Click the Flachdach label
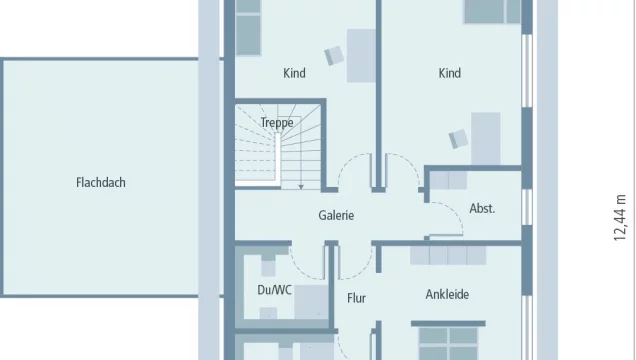(x=101, y=182)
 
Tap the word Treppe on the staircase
(x=277, y=122)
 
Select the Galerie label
(x=336, y=215)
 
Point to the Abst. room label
(x=482, y=208)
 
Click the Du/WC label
(x=274, y=290)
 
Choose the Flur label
(x=356, y=298)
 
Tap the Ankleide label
(x=447, y=294)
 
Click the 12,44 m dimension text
(x=620, y=218)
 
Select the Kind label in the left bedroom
(x=294, y=73)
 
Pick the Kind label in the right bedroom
(x=449, y=73)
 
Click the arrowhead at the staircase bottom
(x=301, y=187)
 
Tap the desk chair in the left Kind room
(x=334, y=56)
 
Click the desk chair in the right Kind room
(x=458, y=139)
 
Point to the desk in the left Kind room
(x=361, y=56)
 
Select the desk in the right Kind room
(x=486, y=138)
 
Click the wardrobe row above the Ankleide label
(x=448, y=255)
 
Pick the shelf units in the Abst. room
(x=448, y=180)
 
